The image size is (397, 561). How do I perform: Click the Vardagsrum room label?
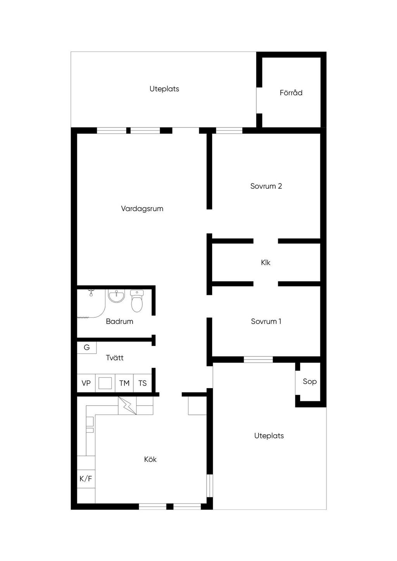point(142,208)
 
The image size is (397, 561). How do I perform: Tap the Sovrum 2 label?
point(266,186)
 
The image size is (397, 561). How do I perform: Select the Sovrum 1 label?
point(266,321)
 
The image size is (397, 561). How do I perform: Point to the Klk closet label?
point(266,262)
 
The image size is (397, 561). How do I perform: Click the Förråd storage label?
point(291,93)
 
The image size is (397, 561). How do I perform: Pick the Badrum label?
point(119,321)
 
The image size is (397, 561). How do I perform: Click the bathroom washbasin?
point(116,296)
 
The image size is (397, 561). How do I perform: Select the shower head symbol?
point(91,292)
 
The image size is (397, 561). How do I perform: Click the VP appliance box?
point(86,383)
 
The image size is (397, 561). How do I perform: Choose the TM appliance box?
point(124,383)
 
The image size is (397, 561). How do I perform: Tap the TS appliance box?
point(143,383)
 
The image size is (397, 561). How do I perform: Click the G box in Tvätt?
point(87,348)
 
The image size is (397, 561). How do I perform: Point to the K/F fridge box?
point(86,478)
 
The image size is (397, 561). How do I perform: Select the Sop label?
point(310,382)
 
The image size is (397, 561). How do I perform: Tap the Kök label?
point(150,459)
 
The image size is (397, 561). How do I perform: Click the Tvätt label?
point(115,358)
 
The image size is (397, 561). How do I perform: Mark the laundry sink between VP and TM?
point(105,383)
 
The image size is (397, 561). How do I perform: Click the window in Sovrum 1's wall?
point(258,360)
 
